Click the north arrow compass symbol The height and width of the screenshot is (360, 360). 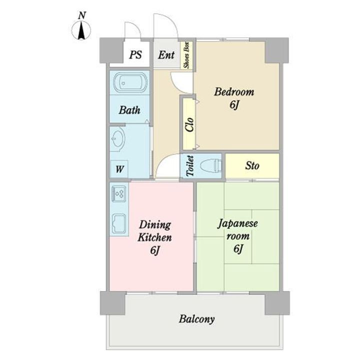coord(80,29)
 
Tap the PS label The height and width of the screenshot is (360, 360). coord(134,54)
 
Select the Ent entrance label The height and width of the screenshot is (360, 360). coord(166,54)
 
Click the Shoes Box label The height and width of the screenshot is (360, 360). coord(187,55)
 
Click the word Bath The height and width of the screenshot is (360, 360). coord(129,110)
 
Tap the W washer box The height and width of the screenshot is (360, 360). coord(119,168)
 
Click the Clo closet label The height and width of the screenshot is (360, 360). coord(189,124)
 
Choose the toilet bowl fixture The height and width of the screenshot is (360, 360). coord(210,166)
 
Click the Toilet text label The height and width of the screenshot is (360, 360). coord(189,166)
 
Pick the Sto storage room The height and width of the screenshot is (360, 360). coord(252,165)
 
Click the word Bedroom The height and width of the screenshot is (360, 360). coord(234,92)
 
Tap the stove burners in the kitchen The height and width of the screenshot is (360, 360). coord(119,192)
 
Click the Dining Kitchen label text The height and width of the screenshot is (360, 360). coord(155,231)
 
